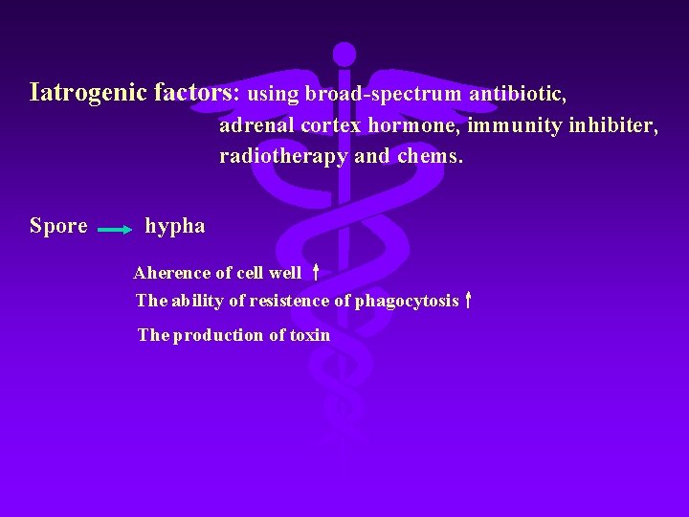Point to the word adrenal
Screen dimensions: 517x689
pyautogui.click(x=256, y=125)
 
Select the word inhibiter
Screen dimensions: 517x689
pyautogui.click(x=612, y=125)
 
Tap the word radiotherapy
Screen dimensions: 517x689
pyautogui.click(x=283, y=156)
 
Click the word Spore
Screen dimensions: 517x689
pyautogui.click(x=58, y=226)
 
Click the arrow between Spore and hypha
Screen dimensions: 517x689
pyautogui.click(x=116, y=230)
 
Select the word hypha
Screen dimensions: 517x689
pyautogui.click(x=175, y=227)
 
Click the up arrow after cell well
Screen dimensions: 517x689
pyautogui.click(x=315, y=272)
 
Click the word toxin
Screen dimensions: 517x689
pyautogui.click(x=310, y=335)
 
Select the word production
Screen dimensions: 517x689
pyautogui.click(x=218, y=335)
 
